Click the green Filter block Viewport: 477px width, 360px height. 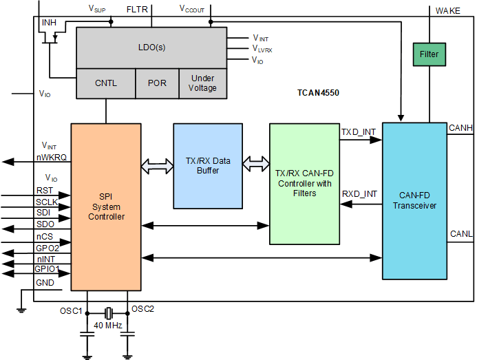tap(429, 54)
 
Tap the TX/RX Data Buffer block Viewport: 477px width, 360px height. tap(207, 165)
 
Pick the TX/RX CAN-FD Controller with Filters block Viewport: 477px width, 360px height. tap(304, 184)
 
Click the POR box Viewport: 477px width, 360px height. tap(157, 83)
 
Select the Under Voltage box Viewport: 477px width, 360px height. tap(202, 83)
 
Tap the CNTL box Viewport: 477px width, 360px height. tap(105, 83)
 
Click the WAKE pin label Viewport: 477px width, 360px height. tap(449, 10)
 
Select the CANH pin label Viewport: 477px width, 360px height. tap(460, 127)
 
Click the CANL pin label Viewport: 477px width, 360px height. tap(460, 234)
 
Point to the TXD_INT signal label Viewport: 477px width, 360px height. tap(359, 131)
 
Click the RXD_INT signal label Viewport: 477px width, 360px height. tap(359, 193)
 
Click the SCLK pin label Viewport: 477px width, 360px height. tap(47, 201)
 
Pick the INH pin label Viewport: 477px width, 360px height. tap(49, 23)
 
